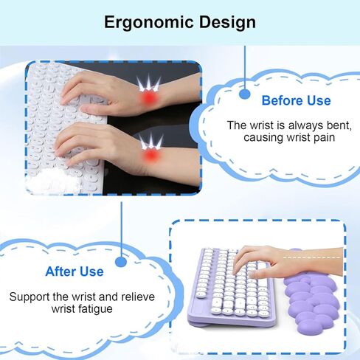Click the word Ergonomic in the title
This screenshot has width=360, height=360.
[149, 23]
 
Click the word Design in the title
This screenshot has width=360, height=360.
[227, 22]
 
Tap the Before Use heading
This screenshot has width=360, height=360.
[296, 100]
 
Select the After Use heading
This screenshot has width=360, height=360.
[75, 271]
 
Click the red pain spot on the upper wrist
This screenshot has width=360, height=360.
[149, 98]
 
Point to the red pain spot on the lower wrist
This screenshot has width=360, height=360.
[150, 155]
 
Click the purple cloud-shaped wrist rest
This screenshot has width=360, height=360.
[311, 301]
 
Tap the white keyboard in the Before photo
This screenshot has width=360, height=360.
[66, 128]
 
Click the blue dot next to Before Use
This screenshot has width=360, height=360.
[245, 94]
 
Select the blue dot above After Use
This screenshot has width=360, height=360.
[121, 262]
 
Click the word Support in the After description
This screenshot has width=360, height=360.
[30, 297]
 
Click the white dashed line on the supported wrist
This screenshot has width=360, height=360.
[312, 257]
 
